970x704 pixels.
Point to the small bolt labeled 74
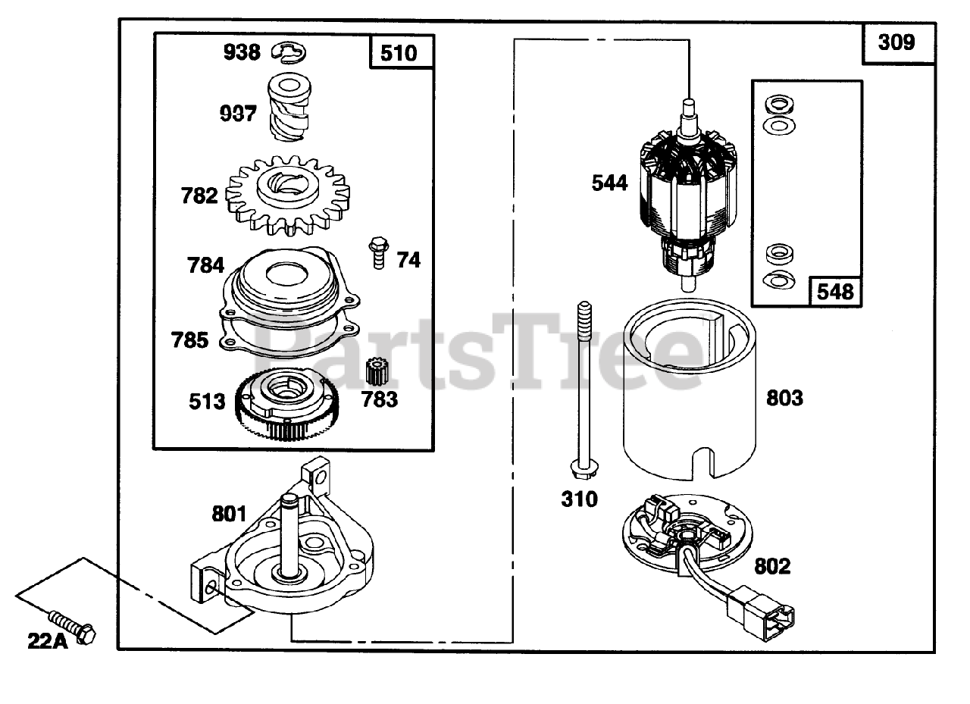click(x=376, y=252)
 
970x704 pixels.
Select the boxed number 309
click(x=896, y=42)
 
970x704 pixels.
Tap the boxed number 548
click(x=835, y=292)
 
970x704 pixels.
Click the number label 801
click(x=229, y=515)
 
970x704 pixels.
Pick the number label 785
click(x=189, y=340)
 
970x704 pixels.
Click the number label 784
click(x=205, y=265)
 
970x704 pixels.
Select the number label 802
click(x=772, y=566)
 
